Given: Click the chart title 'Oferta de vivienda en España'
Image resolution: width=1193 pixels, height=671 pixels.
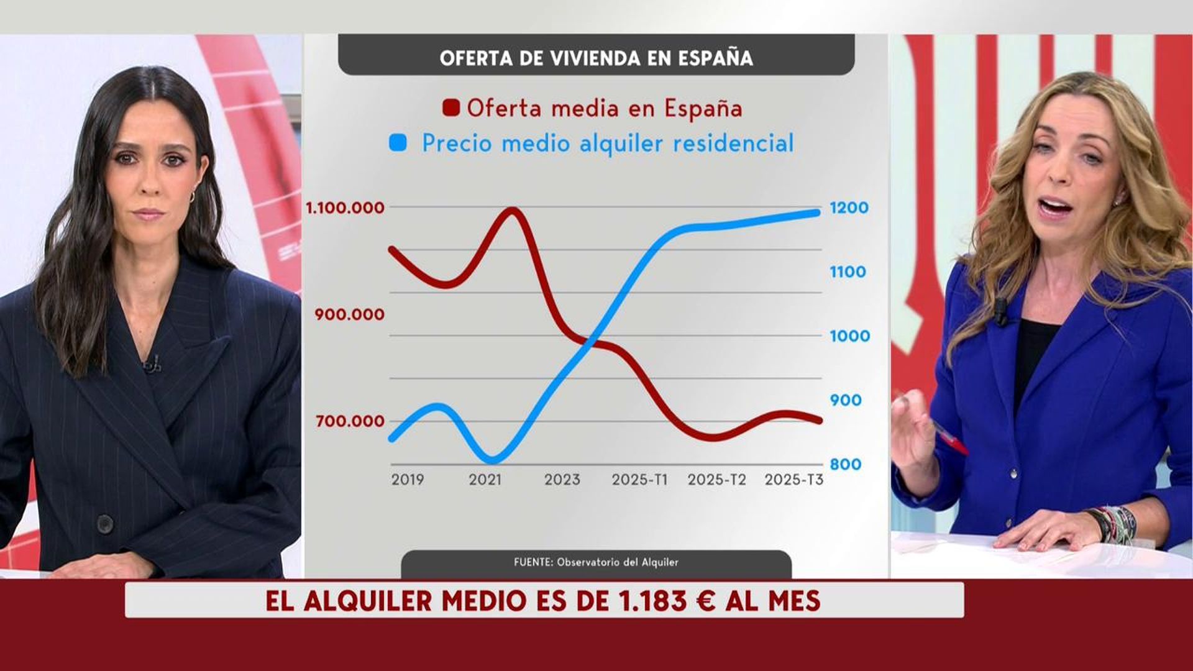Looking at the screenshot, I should click(x=596, y=58).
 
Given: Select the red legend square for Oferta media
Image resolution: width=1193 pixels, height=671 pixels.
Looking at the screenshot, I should click(x=451, y=107).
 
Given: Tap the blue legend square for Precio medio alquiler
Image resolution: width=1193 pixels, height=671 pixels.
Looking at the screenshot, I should click(x=398, y=143).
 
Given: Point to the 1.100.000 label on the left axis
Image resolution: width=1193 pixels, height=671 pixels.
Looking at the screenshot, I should click(x=345, y=208).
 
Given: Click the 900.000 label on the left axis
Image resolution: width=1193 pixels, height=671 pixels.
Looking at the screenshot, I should click(x=349, y=314).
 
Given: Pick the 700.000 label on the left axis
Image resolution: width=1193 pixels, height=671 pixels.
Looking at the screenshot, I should click(x=350, y=421).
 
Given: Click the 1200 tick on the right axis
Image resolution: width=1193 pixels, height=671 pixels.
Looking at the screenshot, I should click(x=849, y=208).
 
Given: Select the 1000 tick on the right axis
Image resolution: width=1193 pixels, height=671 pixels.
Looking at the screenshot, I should click(x=849, y=336).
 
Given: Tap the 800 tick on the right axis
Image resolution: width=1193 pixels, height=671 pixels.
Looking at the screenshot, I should click(x=845, y=464).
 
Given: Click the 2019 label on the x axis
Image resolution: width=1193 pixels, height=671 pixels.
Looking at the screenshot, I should click(x=408, y=480).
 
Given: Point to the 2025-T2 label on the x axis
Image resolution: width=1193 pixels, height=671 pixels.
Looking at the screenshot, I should click(x=716, y=480).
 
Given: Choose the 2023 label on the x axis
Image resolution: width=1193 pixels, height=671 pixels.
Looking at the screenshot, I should click(x=562, y=480).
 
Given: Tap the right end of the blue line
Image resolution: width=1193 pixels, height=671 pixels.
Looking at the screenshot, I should click(x=816, y=212).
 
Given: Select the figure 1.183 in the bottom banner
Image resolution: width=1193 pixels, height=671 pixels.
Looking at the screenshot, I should click(x=652, y=601).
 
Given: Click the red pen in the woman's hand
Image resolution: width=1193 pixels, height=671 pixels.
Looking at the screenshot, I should click(x=951, y=439).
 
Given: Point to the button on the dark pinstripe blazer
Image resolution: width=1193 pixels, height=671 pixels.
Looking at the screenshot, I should click(x=105, y=524).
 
